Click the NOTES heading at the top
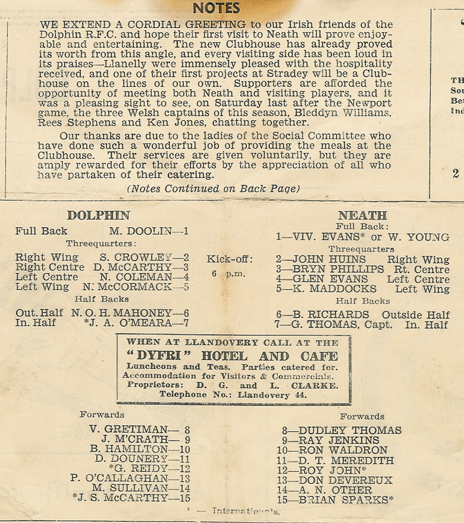(216, 8)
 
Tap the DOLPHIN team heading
(98, 215)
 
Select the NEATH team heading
(362, 215)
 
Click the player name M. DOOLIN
(140, 231)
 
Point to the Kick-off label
(230, 260)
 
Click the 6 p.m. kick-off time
(228, 274)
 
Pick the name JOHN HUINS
(329, 260)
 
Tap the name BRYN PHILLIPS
(338, 269)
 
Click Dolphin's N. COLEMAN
(136, 277)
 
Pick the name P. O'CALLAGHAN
(119, 479)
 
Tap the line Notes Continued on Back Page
(213, 189)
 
